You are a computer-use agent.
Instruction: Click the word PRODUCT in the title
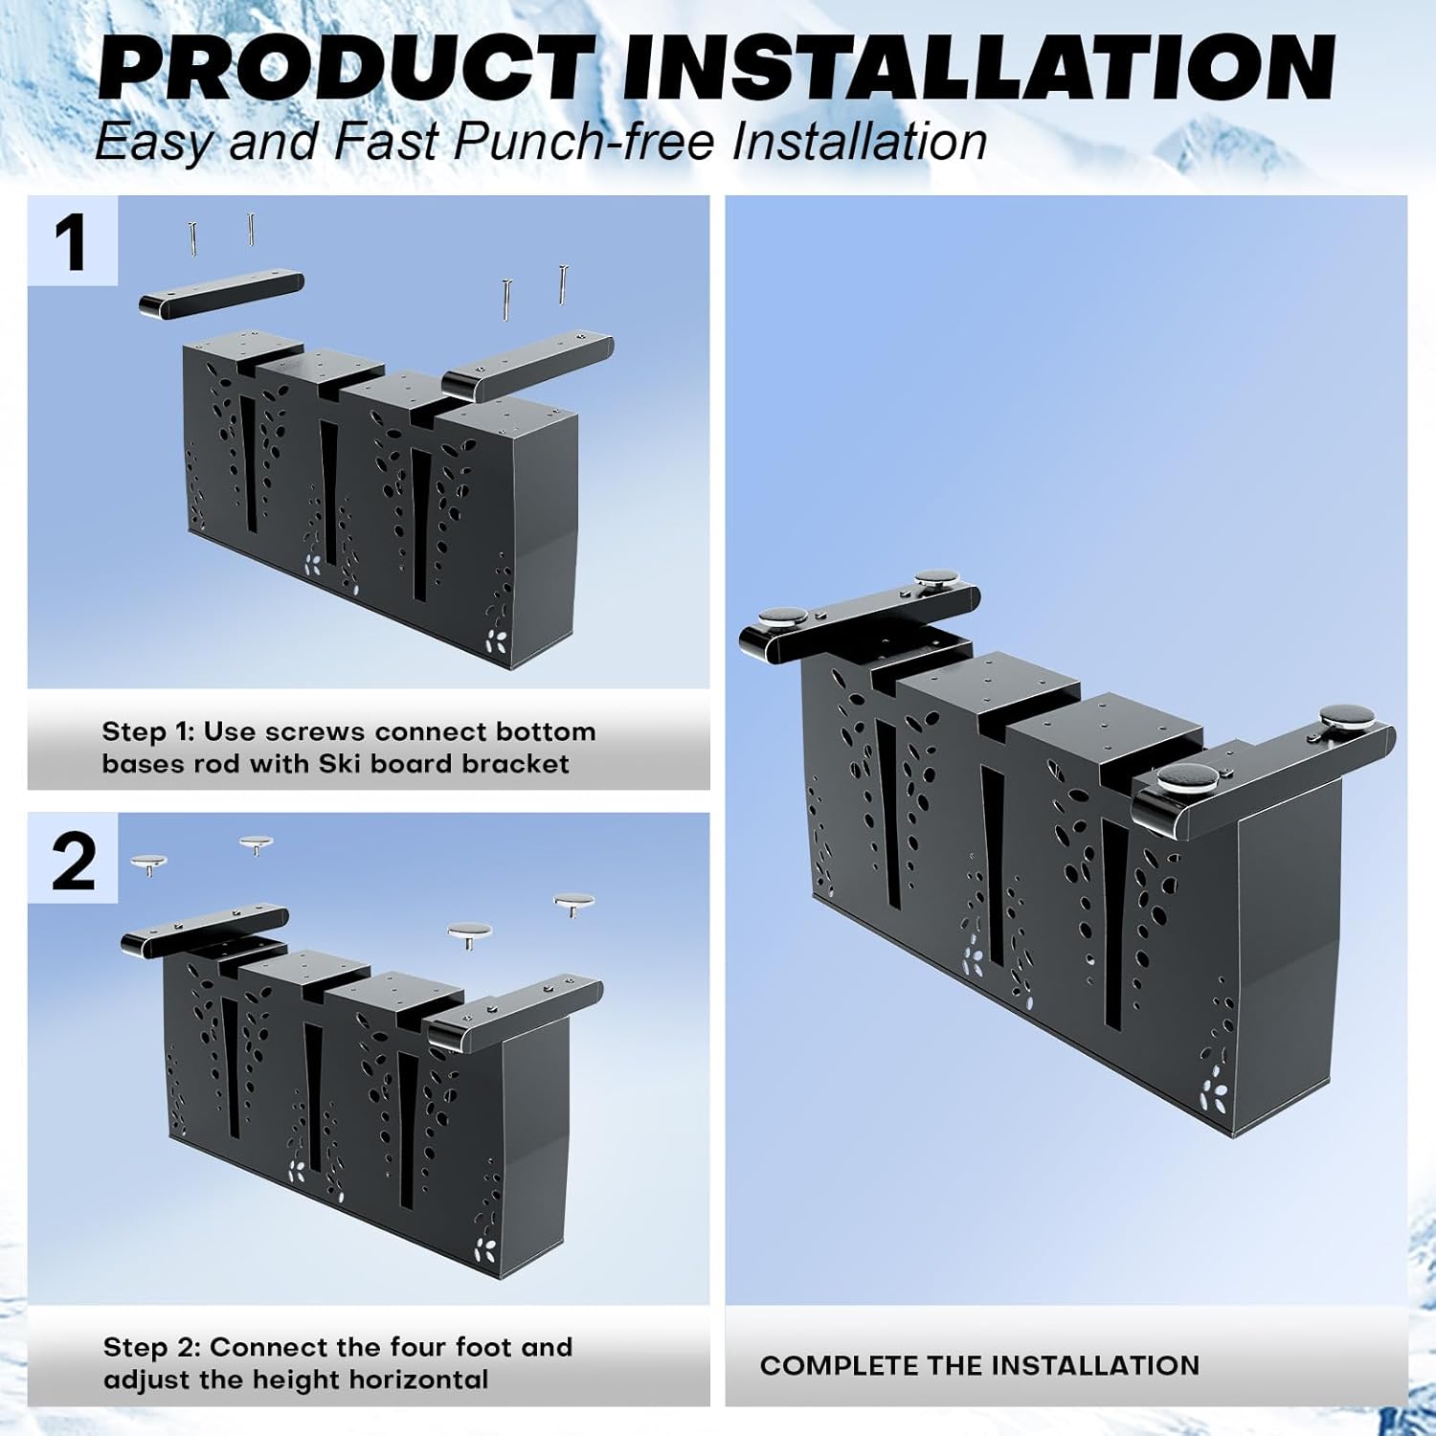345,67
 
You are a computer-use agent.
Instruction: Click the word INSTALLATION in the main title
978,67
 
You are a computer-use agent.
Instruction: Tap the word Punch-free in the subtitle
584,141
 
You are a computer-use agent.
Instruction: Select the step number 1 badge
72,241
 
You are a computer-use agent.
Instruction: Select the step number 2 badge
72,859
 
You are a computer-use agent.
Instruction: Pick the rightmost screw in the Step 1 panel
563,284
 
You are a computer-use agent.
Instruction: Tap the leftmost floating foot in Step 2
148,864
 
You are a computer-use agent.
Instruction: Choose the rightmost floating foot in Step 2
574,903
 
